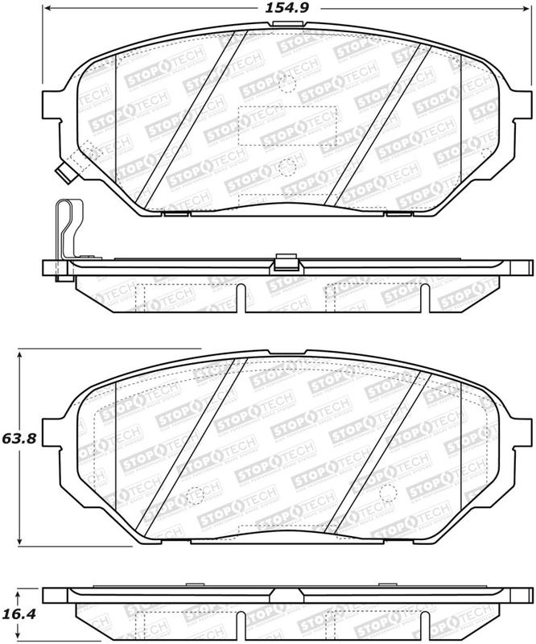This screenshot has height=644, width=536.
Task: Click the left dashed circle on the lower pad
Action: [x=194, y=497]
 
